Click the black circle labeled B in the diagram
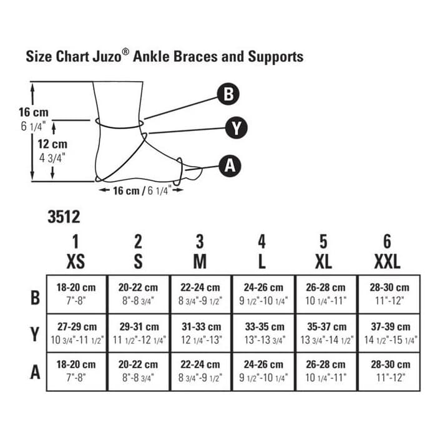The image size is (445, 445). pos(228,95)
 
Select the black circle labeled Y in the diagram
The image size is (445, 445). pos(237,129)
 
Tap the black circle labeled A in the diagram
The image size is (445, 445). pos(230,165)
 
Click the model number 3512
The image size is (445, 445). pos(64,217)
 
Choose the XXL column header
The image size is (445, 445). pos(387,251)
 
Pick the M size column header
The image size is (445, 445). pos(200,251)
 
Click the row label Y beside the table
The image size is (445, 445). pos(35,335)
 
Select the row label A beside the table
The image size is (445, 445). pos(35,372)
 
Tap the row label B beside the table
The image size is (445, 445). pos(35,296)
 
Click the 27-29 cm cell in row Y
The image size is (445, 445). pos(77,333)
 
